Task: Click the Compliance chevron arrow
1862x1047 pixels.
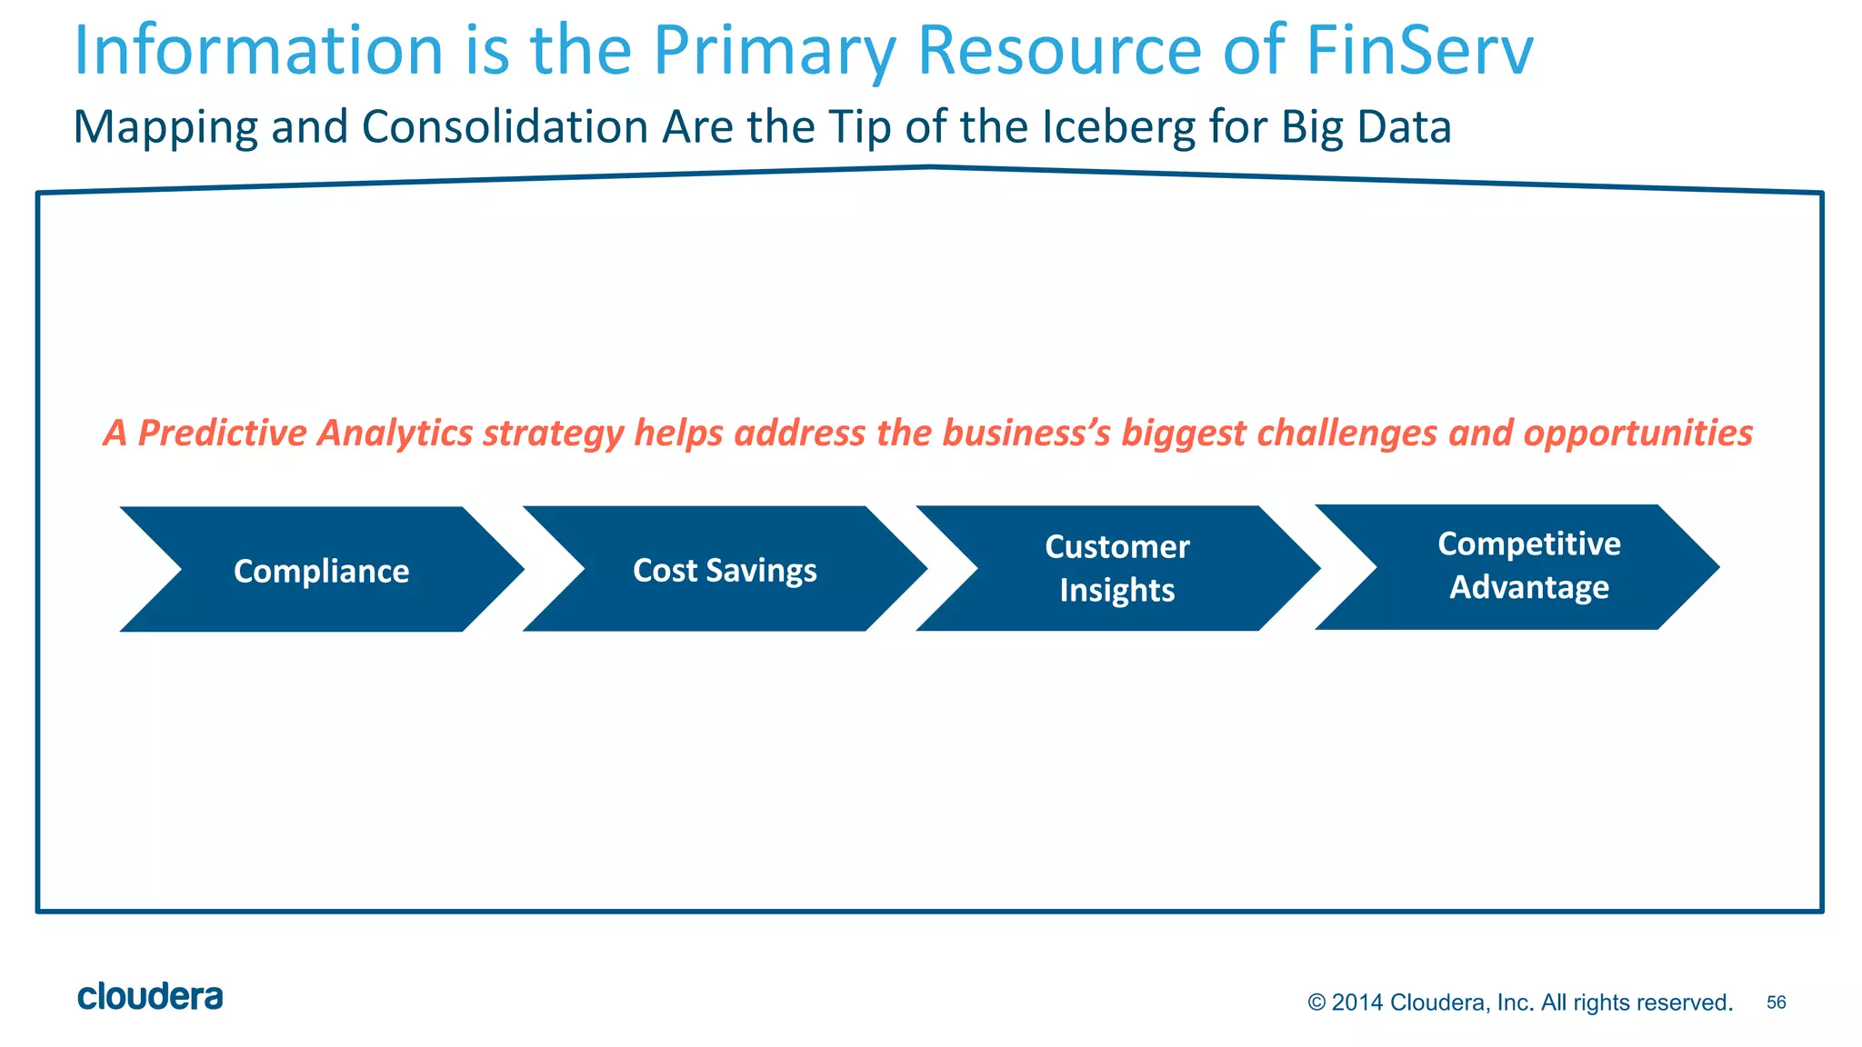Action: [x=321, y=570]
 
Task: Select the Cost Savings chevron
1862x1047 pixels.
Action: [x=725, y=570]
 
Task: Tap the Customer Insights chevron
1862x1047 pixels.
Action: [x=1117, y=569]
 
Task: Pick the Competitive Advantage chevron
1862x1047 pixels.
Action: [x=1528, y=566]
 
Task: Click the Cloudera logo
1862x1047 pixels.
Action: [x=150, y=997]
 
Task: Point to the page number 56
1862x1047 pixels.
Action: [x=1776, y=1002]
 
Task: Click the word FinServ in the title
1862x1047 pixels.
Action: [x=1419, y=50]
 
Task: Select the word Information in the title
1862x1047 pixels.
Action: [x=257, y=50]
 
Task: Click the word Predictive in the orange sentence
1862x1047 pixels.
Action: [x=222, y=434]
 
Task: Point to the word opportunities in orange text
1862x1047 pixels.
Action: [x=1638, y=434]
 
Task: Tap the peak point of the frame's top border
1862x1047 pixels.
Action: [x=931, y=167]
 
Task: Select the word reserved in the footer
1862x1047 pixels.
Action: [x=1691, y=1002]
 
